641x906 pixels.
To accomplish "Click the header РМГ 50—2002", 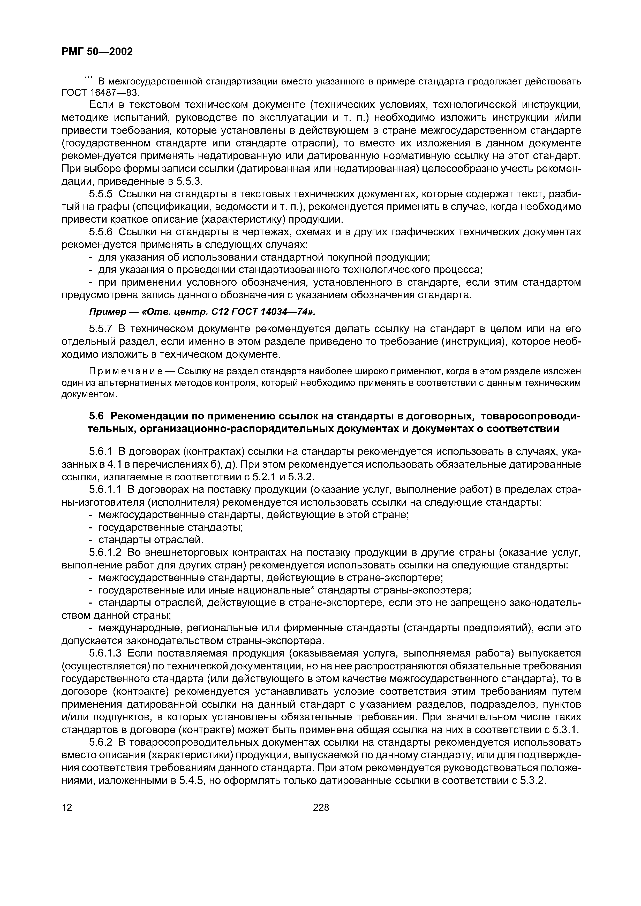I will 97,51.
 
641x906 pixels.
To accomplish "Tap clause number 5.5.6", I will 101,232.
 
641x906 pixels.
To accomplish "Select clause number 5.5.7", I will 101,329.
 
